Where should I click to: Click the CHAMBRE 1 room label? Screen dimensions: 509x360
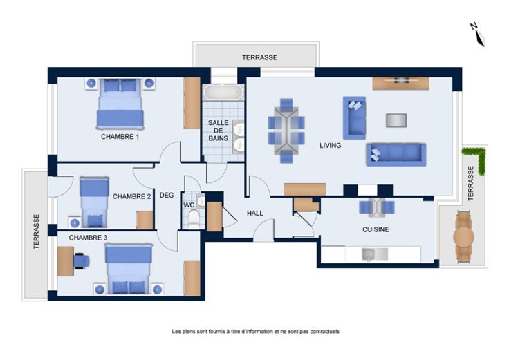point(120,137)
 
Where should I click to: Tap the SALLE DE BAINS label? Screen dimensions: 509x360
point(218,131)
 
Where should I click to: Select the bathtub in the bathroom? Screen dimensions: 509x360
point(223,92)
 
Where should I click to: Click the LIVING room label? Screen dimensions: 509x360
point(330,146)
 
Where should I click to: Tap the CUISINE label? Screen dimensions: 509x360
point(376,229)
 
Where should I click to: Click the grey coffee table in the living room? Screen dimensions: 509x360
point(396,120)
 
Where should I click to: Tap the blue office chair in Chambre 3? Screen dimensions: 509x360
point(81,261)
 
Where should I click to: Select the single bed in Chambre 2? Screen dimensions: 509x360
point(94,202)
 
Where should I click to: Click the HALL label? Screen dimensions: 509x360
point(254,213)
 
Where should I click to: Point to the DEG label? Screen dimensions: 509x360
point(167,196)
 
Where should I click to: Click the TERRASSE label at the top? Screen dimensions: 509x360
point(260,57)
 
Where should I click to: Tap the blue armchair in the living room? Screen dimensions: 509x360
point(354,118)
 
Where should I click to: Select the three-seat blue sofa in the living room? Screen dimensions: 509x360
point(396,155)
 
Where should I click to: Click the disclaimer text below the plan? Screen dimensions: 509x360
point(255,332)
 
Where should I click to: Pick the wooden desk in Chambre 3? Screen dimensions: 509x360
point(65,261)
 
